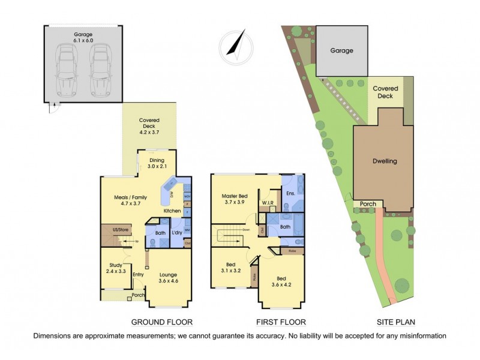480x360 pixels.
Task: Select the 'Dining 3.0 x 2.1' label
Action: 158,164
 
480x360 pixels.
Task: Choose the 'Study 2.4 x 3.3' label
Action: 116,268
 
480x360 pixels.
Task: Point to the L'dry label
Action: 178,233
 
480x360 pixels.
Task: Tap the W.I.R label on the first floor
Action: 268,203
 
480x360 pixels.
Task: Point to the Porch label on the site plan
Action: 368,205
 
